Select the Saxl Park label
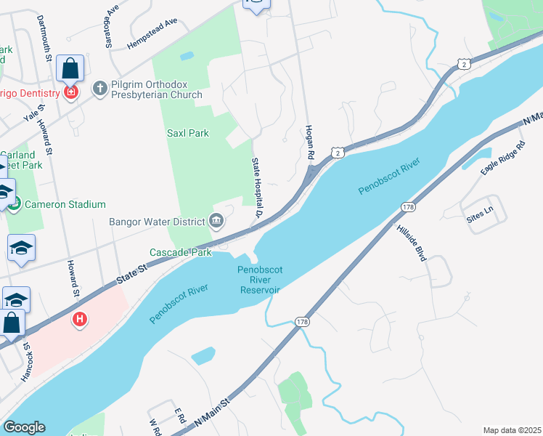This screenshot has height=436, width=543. pyautogui.click(x=188, y=133)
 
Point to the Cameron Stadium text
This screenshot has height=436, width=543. pyautogui.click(x=65, y=205)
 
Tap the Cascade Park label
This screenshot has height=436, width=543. pyautogui.click(x=181, y=252)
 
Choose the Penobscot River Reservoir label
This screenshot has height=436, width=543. pyautogui.click(x=259, y=280)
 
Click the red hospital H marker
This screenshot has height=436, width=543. pyautogui.click(x=79, y=319)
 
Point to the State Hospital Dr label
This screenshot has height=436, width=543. pyautogui.click(x=257, y=187)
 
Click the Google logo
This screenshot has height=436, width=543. pyautogui.click(x=24, y=427)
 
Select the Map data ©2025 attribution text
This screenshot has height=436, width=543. pyautogui.click(x=512, y=430)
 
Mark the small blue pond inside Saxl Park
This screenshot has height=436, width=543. pyautogui.click(x=187, y=56)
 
